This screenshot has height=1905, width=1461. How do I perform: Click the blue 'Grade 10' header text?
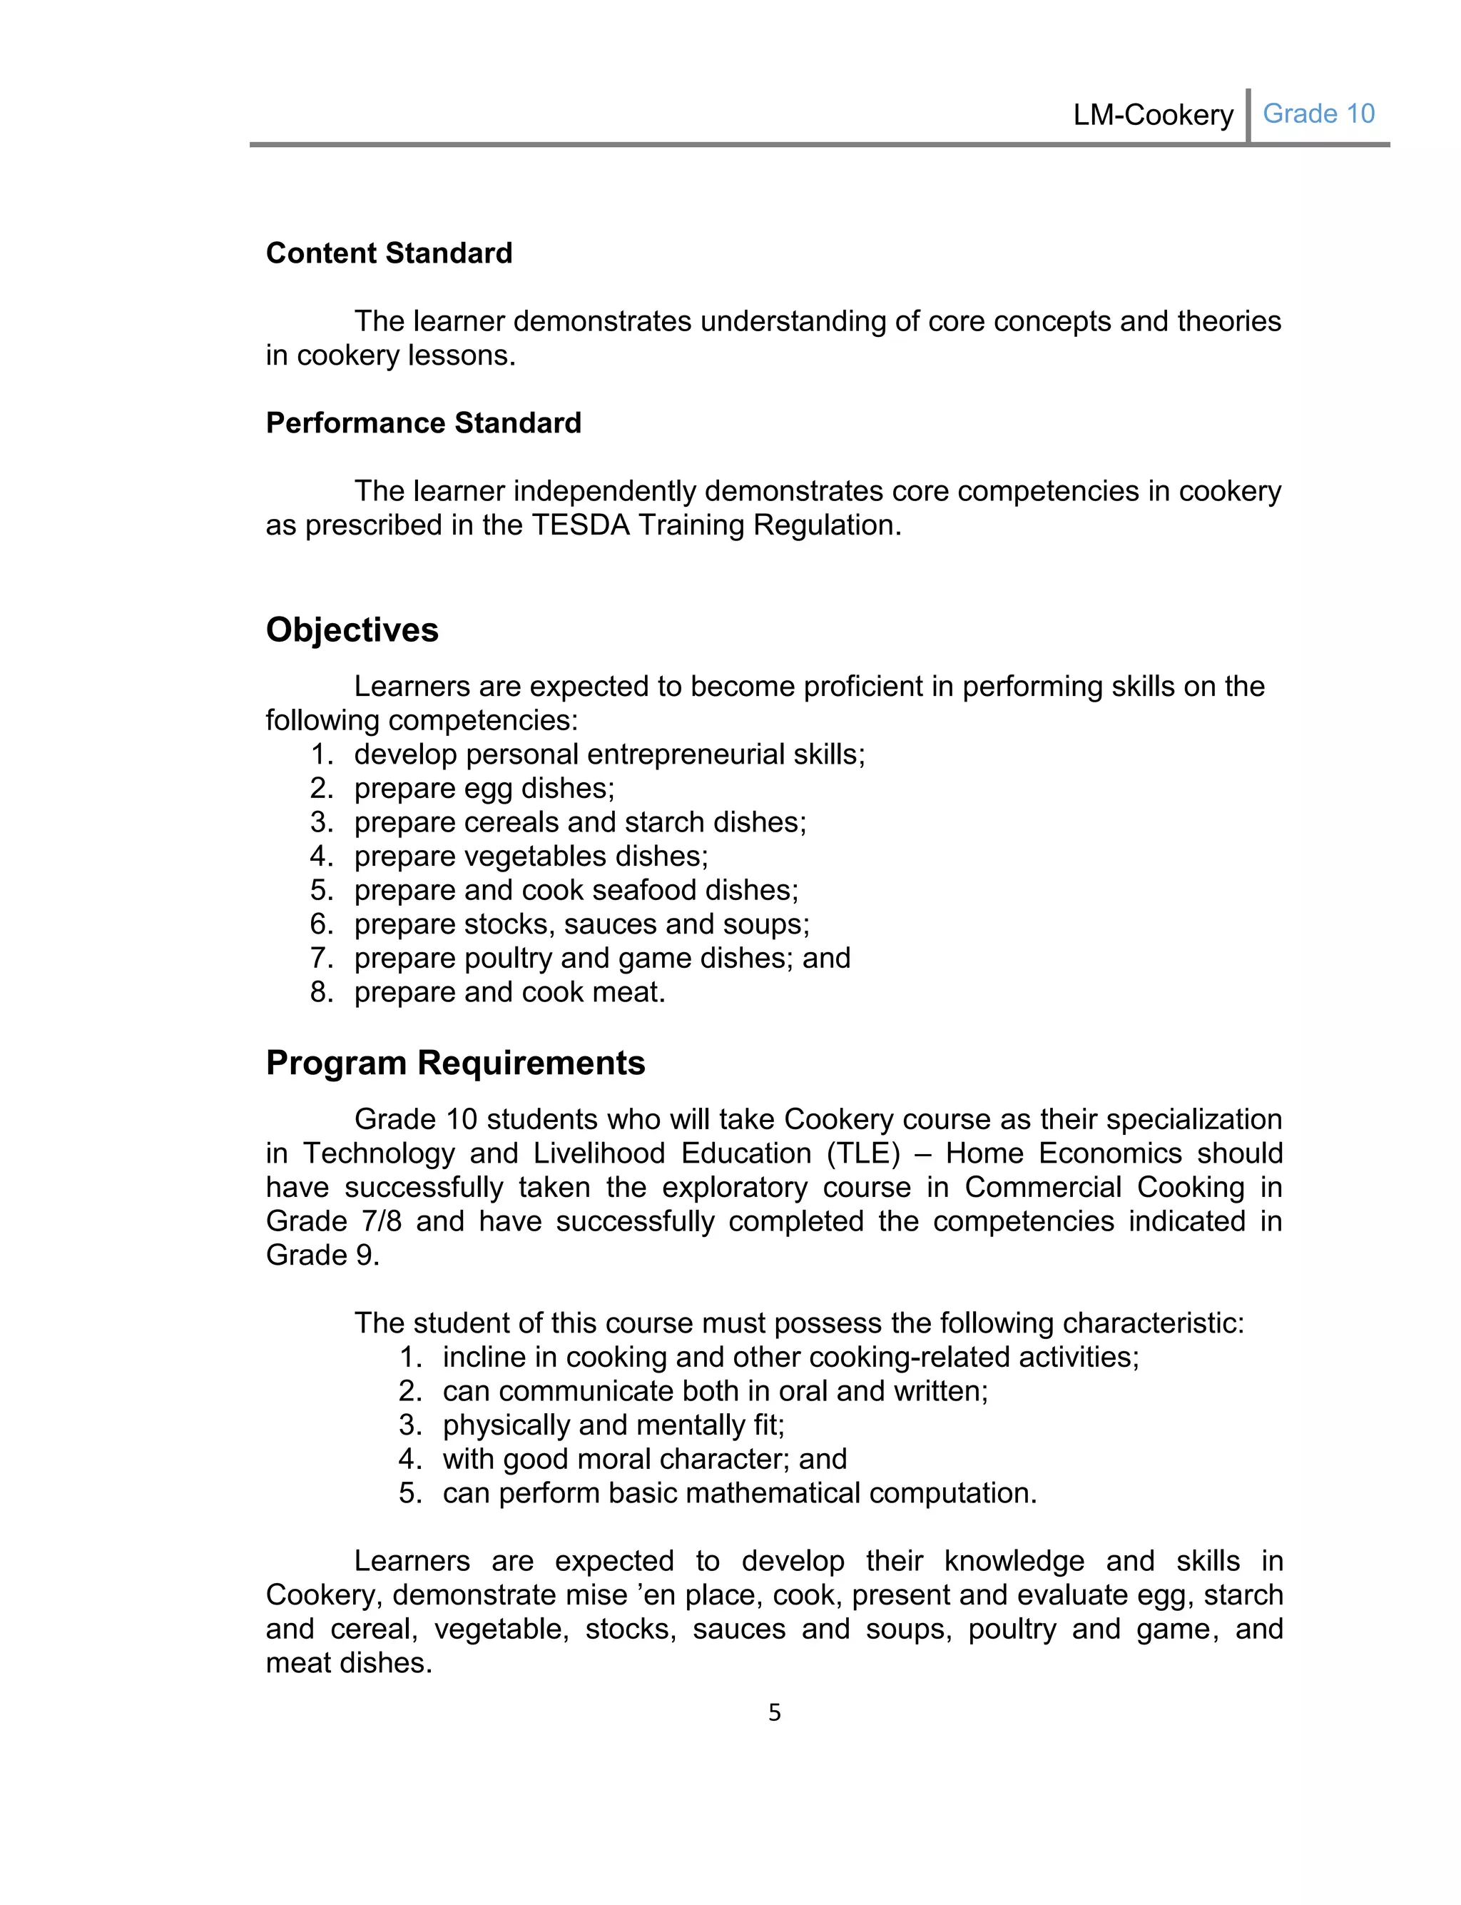(1318, 114)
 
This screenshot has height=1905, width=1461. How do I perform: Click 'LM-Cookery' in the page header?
(1152, 115)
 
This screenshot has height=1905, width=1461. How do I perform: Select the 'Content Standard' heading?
(389, 253)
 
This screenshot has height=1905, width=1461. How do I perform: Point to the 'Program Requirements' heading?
(455, 1063)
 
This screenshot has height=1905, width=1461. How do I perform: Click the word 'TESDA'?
(580, 525)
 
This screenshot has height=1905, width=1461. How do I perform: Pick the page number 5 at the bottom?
(774, 1714)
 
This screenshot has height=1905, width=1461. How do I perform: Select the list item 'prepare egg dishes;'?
(484, 788)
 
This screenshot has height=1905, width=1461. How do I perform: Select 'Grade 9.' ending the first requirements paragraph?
(322, 1255)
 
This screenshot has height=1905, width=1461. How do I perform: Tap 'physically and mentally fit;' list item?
(613, 1425)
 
